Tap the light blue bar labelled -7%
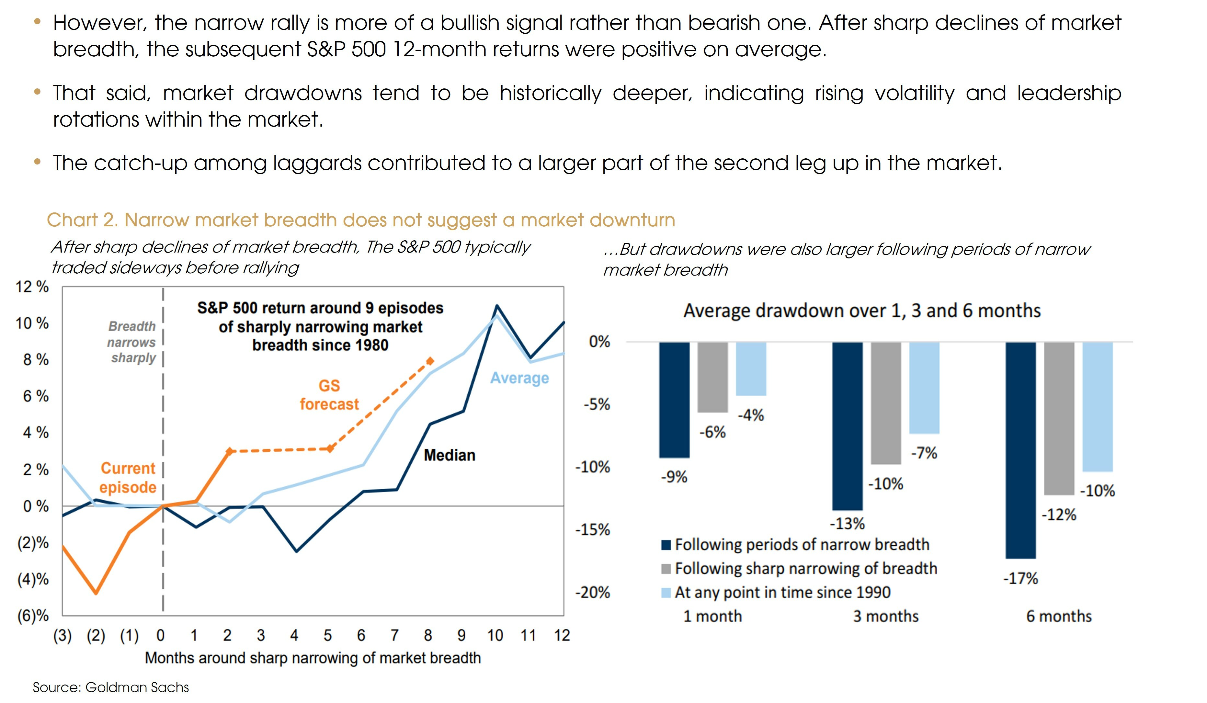[x=924, y=388]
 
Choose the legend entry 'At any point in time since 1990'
[x=782, y=592]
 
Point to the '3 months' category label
[x=886, y=616]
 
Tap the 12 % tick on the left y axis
[x=32, y=287]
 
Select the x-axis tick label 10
[x=495, y=635]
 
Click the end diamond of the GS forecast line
[x=430, y=361]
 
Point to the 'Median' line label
[x=449, y=455]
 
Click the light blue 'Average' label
[x=519, y=378]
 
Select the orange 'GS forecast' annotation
[x=329, y=395]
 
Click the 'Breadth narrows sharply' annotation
[x=132, y=342]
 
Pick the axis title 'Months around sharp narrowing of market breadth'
[x=313, y=658]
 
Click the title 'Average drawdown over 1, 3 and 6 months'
[x=862, y=311]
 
